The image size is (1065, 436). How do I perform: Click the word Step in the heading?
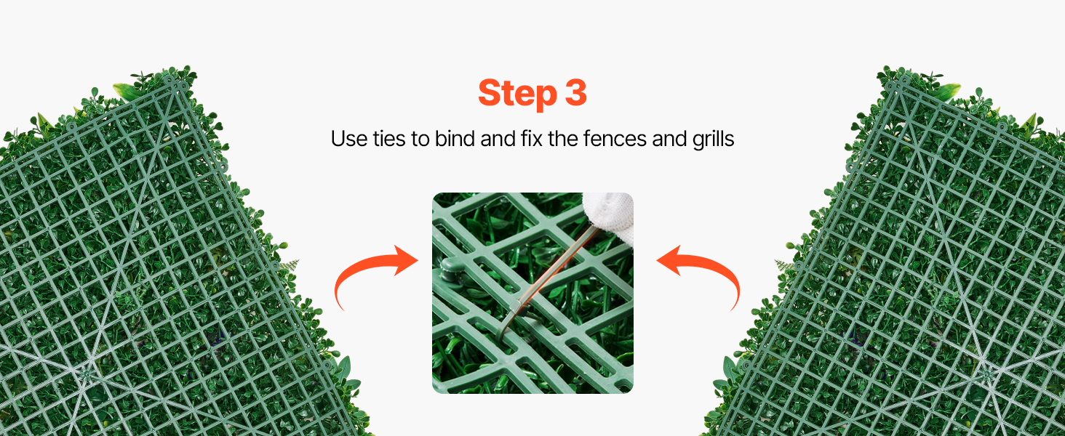[517, 94]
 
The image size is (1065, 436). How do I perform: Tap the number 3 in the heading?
[576, 92]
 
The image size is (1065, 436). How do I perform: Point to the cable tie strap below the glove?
[554, 266]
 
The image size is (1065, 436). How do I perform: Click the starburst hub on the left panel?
[87, 374]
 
